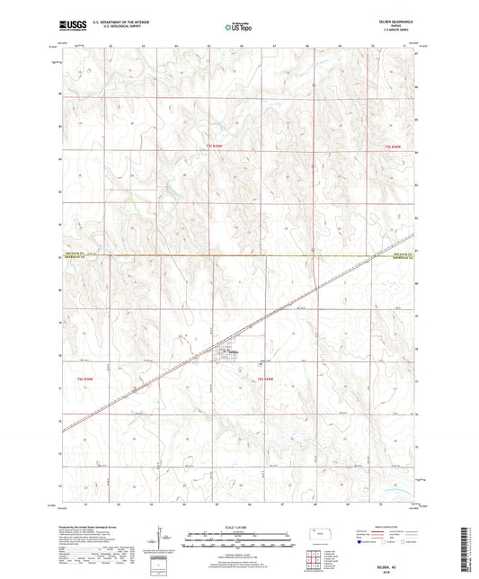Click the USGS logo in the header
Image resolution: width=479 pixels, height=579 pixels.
click(68, 25)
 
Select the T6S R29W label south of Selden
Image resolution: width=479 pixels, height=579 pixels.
click(256, 381)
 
